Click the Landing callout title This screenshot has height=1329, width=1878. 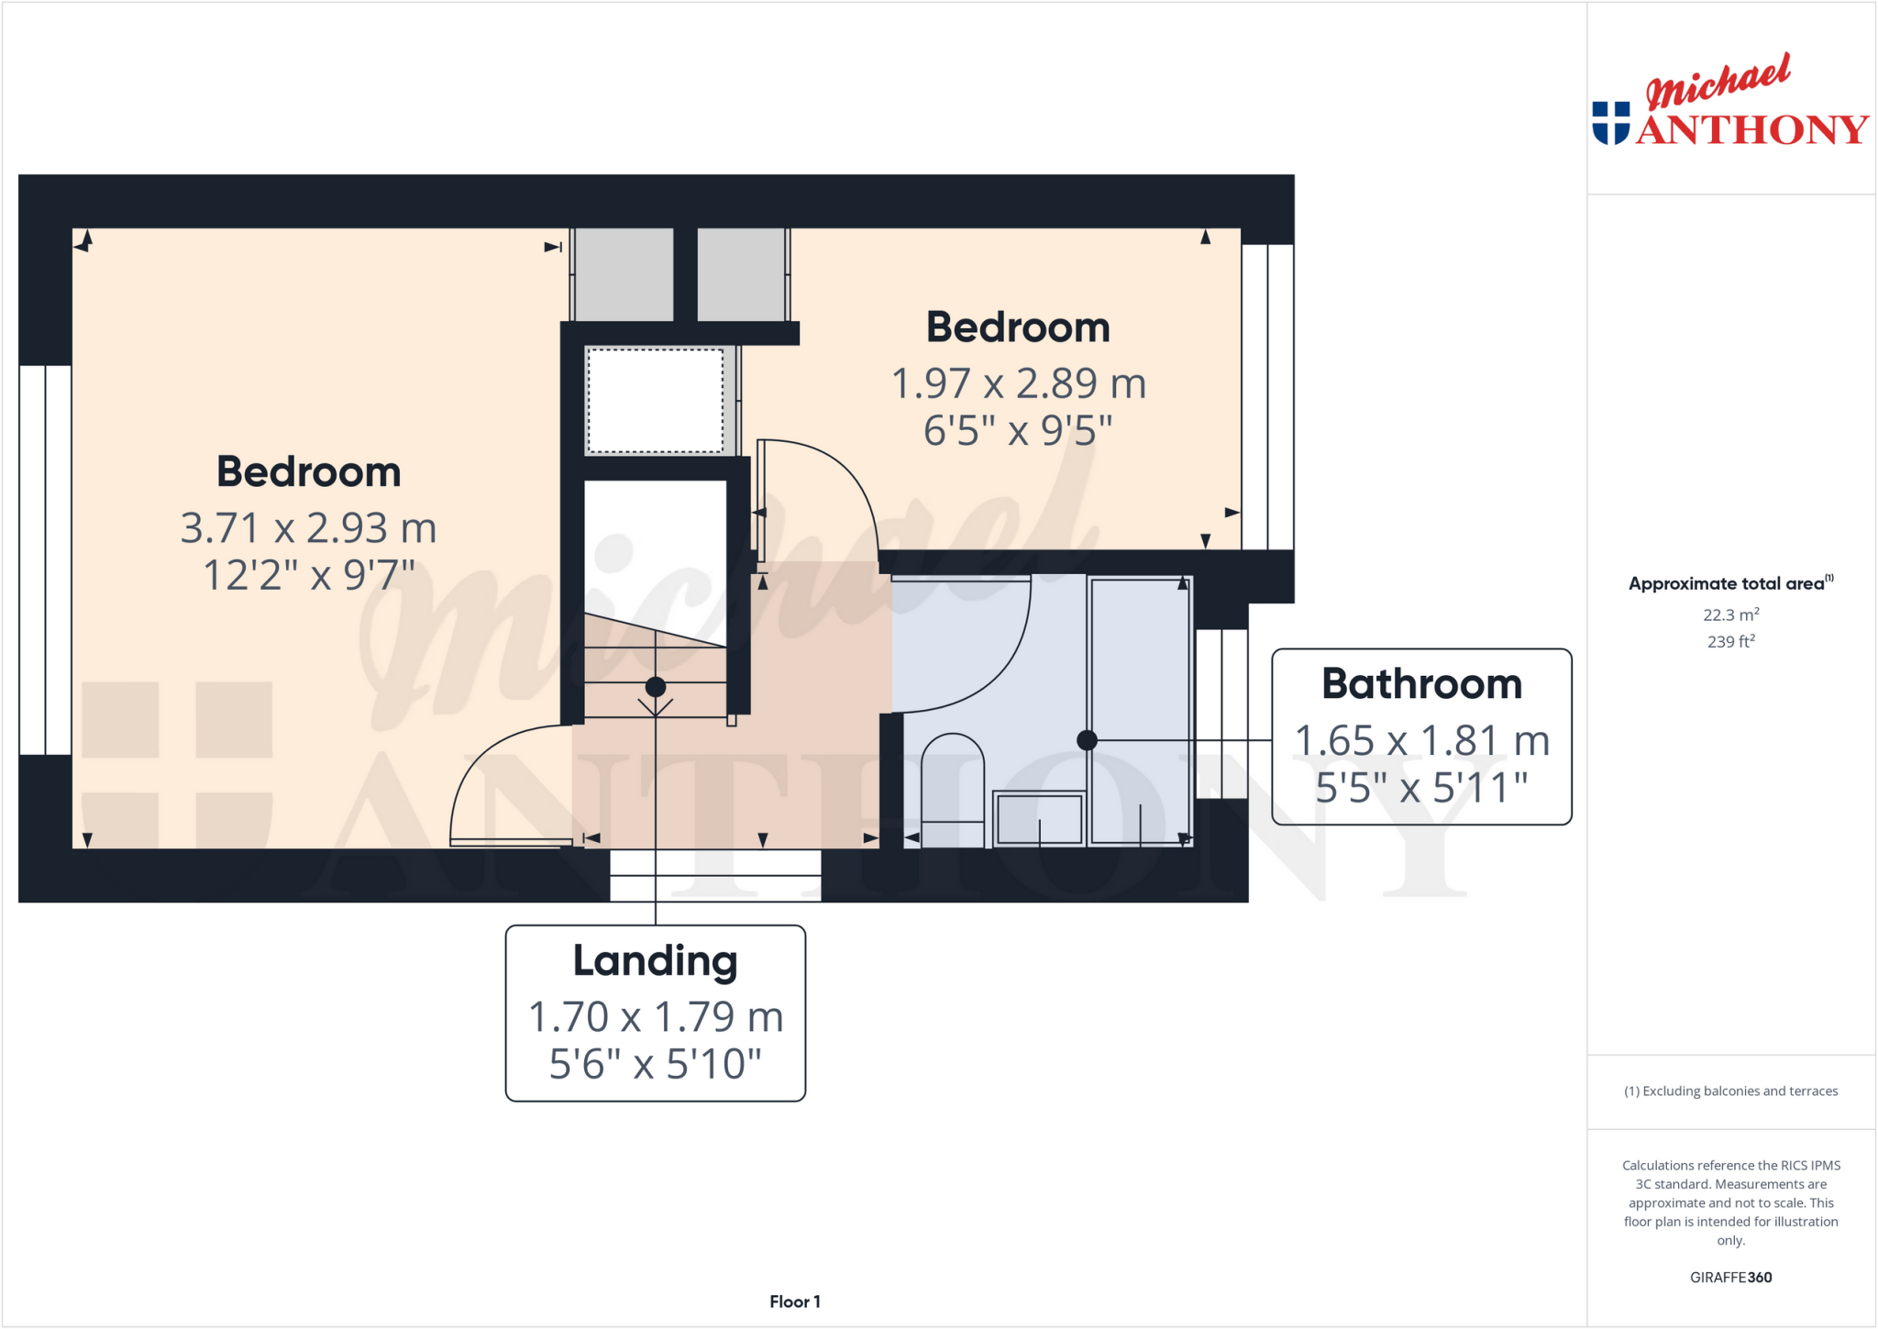[655, 960]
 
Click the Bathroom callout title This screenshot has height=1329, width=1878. [1421, 684]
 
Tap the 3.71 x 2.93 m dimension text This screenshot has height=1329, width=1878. [308, 528]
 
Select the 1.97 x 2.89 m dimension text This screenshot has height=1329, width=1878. [1019, 383]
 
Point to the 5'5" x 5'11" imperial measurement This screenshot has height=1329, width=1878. [1421, 788]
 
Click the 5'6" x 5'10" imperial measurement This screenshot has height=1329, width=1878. [655, 1064]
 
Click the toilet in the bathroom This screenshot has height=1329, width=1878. [953, 789]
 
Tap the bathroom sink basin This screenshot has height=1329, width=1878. [1039, 818]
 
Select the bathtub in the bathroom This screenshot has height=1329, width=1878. [1140, 711]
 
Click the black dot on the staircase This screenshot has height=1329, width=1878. [655, 687]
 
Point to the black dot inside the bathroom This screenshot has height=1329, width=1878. [1087, 740]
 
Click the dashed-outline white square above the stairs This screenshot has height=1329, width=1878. [655, 401]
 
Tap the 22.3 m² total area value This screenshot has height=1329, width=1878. [1730, 615]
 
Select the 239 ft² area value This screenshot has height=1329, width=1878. [1730, 642]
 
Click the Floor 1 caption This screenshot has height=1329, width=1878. [794, 1301]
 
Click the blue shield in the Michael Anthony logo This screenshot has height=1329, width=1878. [1611, 123]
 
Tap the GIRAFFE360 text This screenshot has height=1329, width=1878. [1730, 1277]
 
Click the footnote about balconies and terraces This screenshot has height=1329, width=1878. [1730, 1091]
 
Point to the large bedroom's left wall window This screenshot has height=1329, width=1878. [45, 559]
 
